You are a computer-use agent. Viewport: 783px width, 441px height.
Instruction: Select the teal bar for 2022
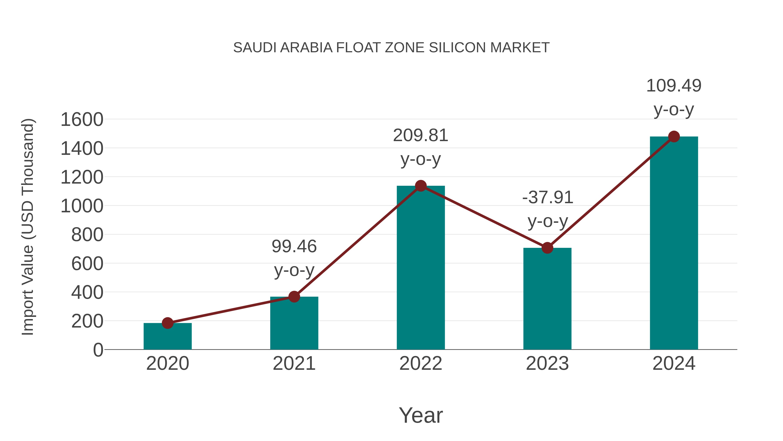[x=421, y=268]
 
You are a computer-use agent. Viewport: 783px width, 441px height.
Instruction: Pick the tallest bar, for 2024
[x=674, y=243]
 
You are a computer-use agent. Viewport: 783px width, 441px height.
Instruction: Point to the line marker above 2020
[x=167, y=323]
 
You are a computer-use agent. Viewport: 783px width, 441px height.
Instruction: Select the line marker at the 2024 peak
[x=674, y=137]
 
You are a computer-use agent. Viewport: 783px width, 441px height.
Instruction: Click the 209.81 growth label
[x=421, y=135]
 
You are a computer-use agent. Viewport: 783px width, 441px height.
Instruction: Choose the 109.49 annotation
[x=674, y=86]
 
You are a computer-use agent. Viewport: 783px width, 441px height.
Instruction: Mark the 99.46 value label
[x=294, y=246]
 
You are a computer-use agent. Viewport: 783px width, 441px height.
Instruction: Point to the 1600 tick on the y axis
[x=82, y=120]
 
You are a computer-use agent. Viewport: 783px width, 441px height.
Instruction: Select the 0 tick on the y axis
[x=98, y=350]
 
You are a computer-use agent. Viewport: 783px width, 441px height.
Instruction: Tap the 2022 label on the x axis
[x=421, y=363]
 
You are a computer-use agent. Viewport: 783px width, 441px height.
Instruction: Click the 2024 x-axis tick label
[x=674, y=363]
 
